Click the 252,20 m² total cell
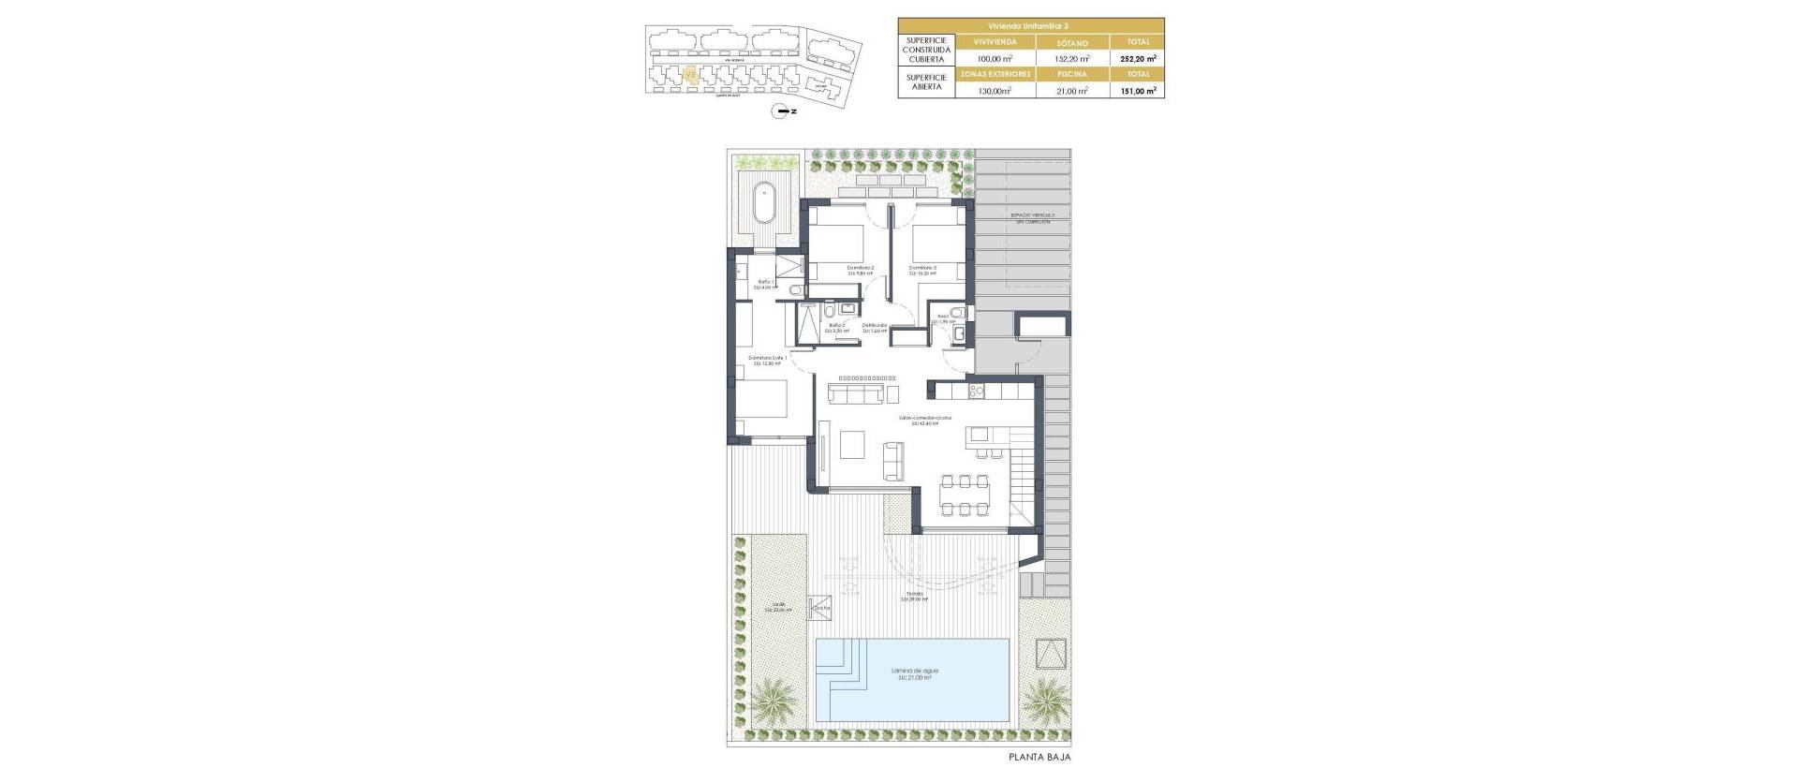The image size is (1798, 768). [1137, 58]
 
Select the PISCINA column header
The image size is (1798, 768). [1072, 74]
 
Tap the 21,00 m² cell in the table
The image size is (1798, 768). [1072, 91]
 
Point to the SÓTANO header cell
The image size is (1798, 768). [1072, 42]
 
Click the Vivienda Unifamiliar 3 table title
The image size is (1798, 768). [1030, 25]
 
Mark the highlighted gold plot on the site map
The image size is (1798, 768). [691, 76]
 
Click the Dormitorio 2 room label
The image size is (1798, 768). [860, 270]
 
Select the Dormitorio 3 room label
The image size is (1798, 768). [922, 270]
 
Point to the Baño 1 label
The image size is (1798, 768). [766, 284]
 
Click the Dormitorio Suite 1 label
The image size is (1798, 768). [766, 360]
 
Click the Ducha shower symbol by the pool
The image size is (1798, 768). [821, 606]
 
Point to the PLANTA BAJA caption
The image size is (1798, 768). [1039, 757]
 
